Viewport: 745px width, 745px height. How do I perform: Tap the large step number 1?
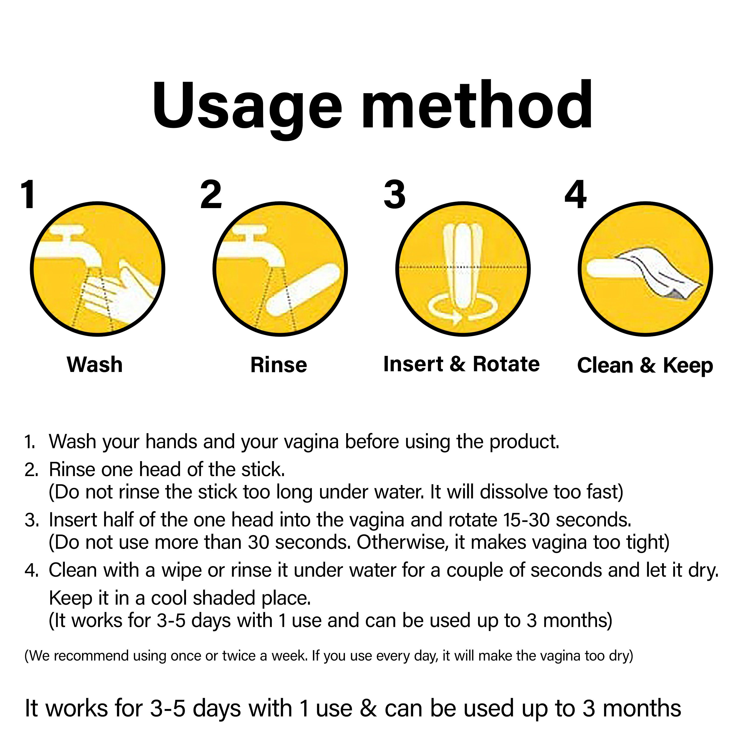tap(29, 194)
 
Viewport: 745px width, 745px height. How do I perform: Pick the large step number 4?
tap(576, 194)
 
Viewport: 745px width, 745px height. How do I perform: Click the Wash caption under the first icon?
tap(95, 365)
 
